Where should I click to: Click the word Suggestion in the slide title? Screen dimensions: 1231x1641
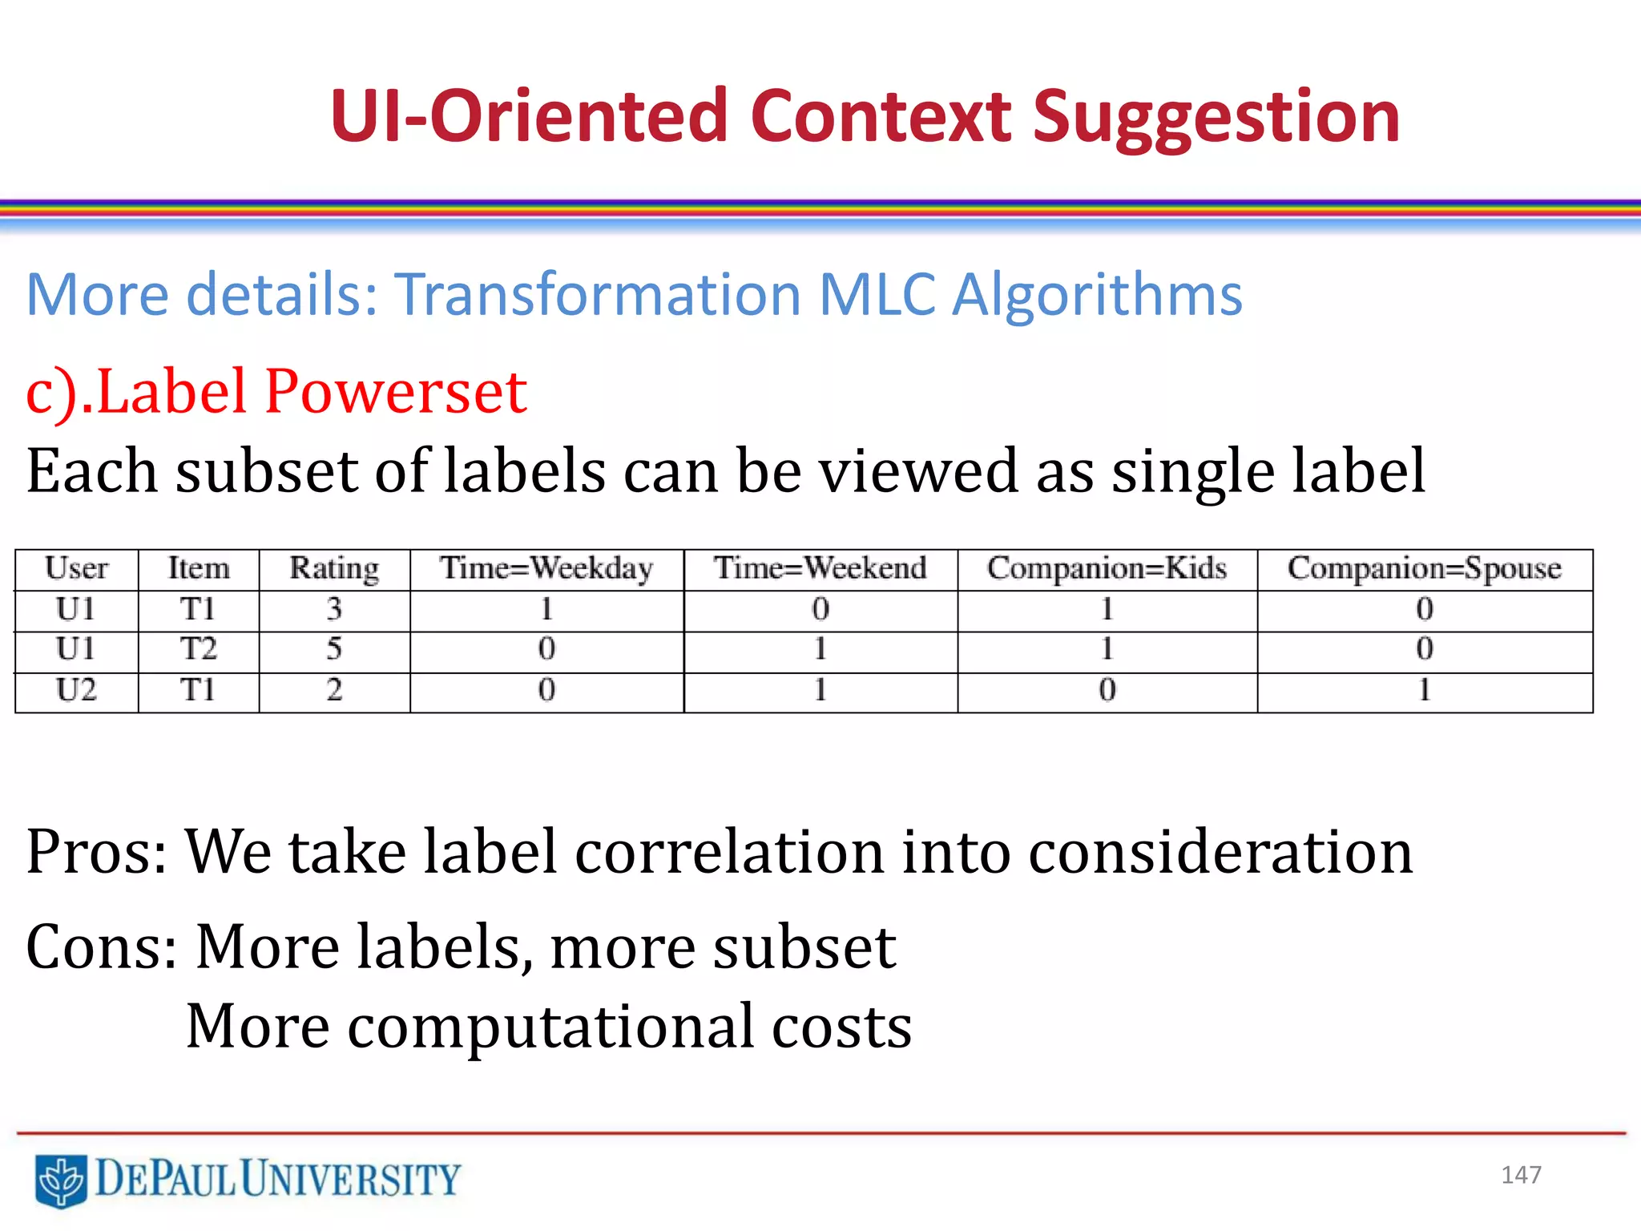click(x=1216, y=119)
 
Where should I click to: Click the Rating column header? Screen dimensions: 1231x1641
click(x=334, y=568)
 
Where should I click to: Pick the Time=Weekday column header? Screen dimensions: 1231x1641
click(x=546, y=568)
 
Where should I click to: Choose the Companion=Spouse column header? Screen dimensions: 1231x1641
click(x=1424, y=568)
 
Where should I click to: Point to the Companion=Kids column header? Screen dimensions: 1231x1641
click(x=1107, y=568)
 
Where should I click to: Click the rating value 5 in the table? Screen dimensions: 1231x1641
click(x=334, y=649)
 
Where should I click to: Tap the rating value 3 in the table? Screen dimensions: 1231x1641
click(x=334, y=610)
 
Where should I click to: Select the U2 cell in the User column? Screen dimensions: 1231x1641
click(x=76, y=690)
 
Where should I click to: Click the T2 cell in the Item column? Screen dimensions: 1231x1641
click(x=198, y=649)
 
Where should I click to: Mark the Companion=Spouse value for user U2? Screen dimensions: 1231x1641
click(x=1424, y=690)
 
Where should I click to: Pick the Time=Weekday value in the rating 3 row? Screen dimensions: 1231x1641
click(x=546, y=610)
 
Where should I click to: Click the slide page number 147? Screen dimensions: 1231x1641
click(x=1521, y=1175)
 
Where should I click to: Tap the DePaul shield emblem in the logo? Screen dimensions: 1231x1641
click(x=61, y=1180)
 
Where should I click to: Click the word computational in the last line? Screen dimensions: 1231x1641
click(x=550, y=1027)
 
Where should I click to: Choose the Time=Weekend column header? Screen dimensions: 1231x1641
click(x=820, y=568)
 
